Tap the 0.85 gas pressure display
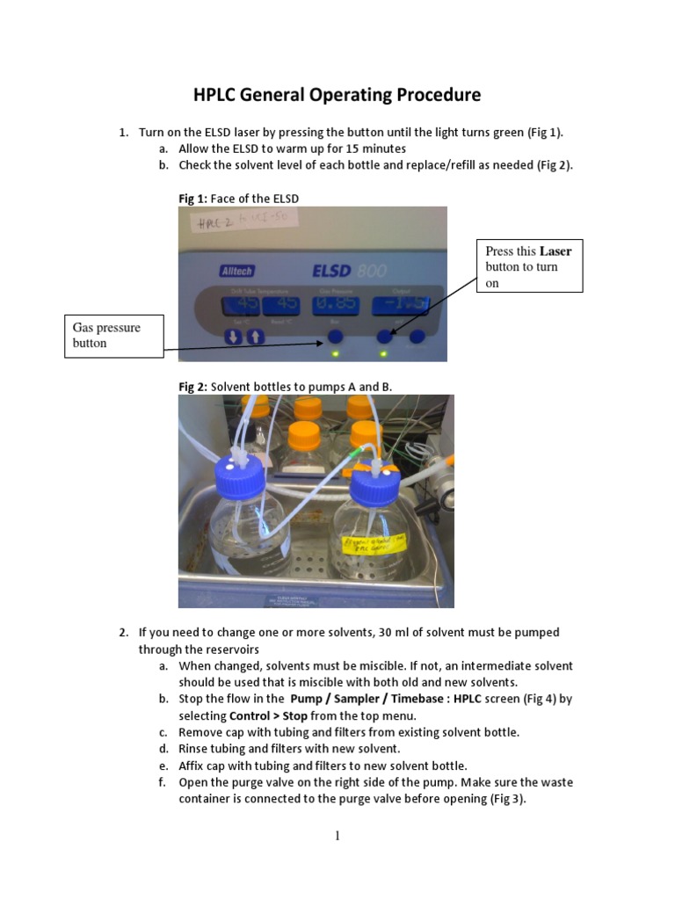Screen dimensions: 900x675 point(334,304)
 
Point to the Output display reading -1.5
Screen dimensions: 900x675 point(400,304)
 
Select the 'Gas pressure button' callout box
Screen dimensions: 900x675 point(114,336)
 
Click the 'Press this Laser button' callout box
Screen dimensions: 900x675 point(529,265)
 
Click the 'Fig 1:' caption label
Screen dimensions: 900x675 point(193,199)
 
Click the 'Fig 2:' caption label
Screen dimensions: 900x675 point(193,386)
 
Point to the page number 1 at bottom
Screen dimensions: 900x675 point(337,836)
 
